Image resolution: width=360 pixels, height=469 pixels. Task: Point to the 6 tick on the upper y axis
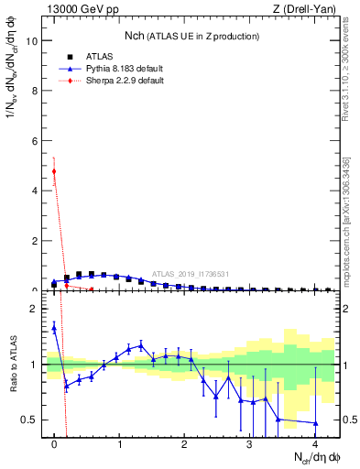coord(35,141)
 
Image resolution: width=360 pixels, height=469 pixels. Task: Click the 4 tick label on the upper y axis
coord(35,191)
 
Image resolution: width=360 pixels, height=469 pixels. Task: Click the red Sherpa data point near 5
coord(54,171)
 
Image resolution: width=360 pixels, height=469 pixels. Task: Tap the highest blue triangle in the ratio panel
coord(54,327)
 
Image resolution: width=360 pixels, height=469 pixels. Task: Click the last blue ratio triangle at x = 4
coord(315,423)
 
